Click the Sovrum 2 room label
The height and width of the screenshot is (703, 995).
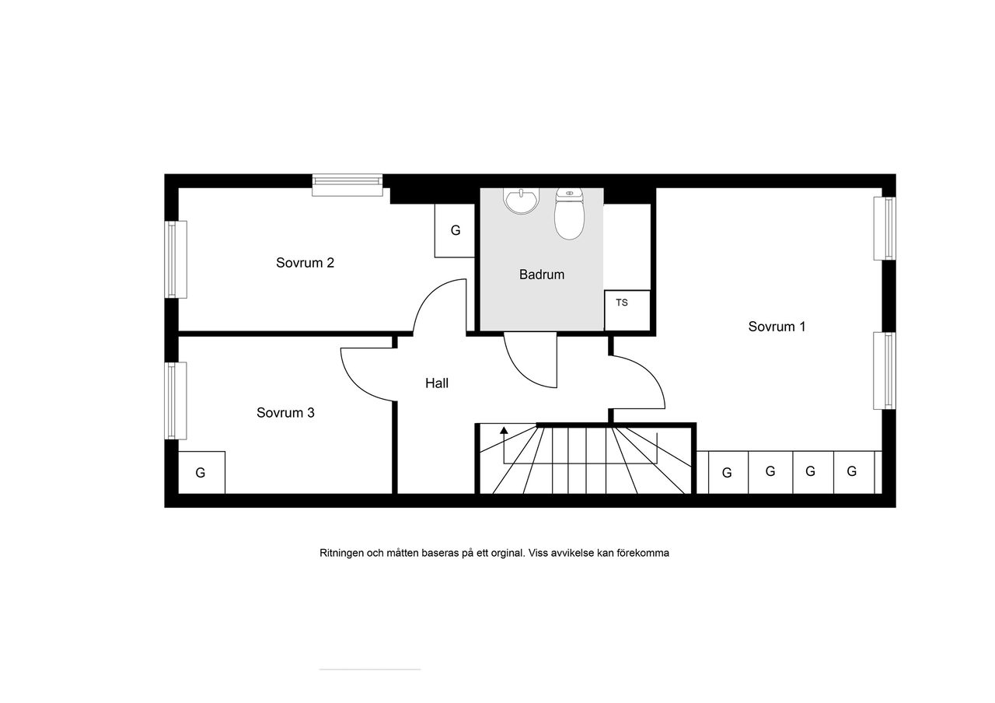point(305,263)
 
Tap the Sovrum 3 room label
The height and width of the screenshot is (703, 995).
point(285,412)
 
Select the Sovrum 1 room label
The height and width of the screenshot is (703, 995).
point(777,327)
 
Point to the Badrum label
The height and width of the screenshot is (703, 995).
point(542,275)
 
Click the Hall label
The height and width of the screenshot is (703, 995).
point(437,383)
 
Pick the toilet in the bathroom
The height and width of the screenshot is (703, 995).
point(569,214)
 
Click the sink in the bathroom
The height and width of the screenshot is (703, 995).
point(521,201)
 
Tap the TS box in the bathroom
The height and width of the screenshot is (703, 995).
point(627,310)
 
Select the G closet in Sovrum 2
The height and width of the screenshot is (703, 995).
point(455,230)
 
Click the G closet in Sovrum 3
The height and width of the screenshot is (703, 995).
point(201,472)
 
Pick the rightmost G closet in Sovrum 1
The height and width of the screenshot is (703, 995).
point(854,472)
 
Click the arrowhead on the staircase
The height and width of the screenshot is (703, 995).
point(504,430)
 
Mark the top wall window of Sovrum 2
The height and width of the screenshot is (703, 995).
point(347,185)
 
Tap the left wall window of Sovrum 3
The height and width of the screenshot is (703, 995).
point(176,400)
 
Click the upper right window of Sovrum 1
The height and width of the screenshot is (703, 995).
point(885,229)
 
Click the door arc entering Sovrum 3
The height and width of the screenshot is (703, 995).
point(354,383)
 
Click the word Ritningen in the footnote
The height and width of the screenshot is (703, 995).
point(341,553)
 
